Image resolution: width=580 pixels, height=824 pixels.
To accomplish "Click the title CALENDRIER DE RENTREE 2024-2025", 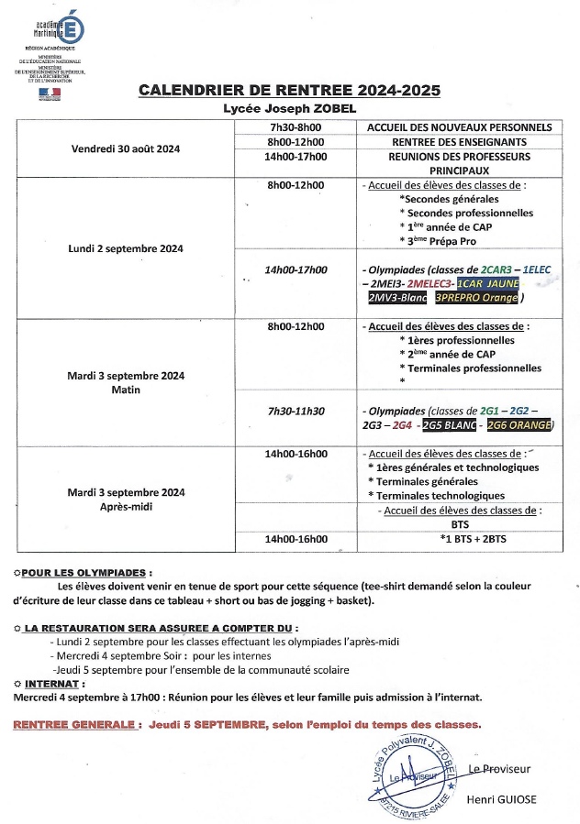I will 289,90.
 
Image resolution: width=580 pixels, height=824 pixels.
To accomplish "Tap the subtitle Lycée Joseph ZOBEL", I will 289,107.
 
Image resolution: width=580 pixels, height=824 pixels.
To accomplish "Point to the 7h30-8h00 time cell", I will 296,127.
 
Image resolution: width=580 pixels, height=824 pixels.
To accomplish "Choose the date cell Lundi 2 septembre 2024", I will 126,248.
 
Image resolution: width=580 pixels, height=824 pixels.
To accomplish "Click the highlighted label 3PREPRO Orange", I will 476,298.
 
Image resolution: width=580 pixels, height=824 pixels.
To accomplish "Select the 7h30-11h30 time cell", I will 296,412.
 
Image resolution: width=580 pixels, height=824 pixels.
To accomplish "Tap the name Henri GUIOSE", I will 501,799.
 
